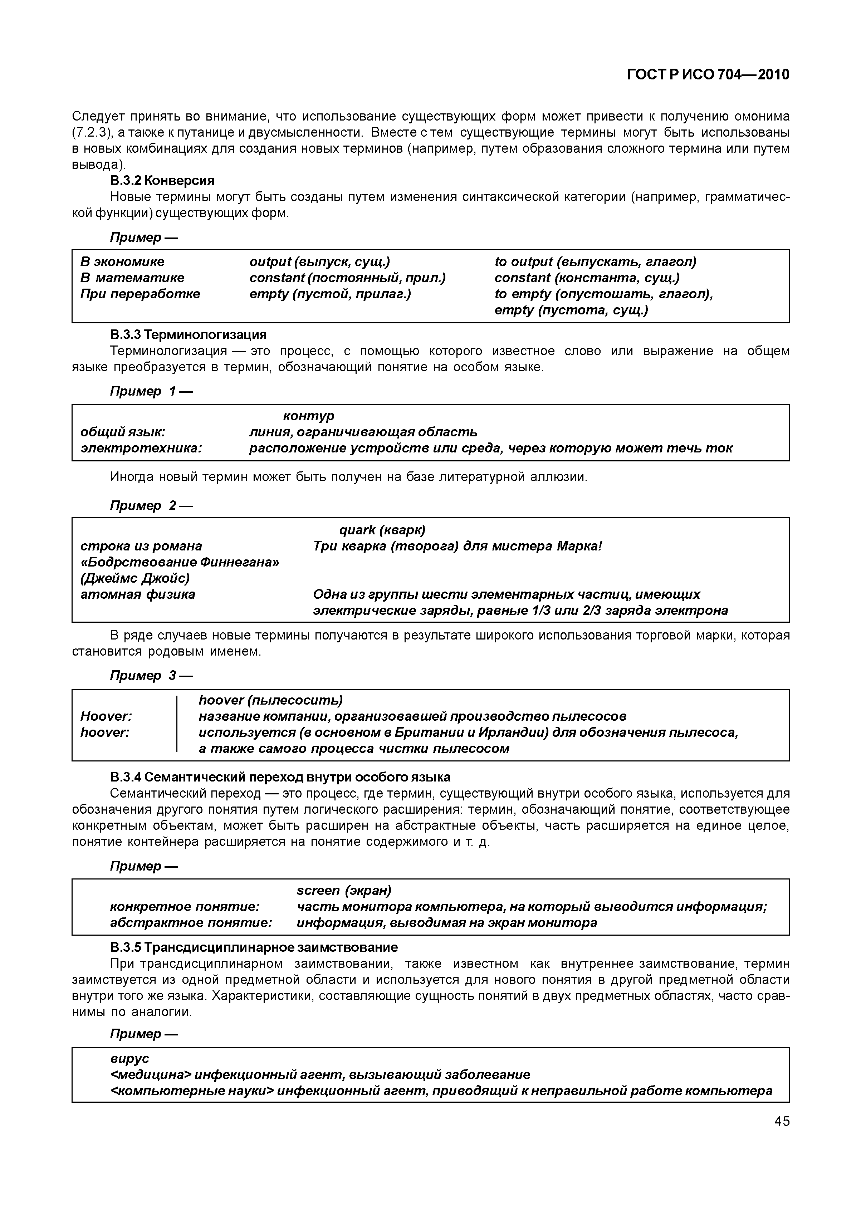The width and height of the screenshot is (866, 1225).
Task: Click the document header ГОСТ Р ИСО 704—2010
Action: (x=708, y=75)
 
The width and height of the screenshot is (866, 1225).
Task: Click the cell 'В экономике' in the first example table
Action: (x=122, y=261)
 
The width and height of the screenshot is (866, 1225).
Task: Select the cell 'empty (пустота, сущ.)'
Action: (x=571, y=310)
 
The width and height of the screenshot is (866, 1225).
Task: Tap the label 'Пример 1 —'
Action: (x=151, y=391)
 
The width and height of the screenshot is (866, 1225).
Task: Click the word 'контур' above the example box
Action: (x=308, y=415)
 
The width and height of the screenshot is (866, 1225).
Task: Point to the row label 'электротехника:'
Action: (x=141, y=448)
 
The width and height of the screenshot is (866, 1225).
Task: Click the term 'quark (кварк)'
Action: (x=382, y=530)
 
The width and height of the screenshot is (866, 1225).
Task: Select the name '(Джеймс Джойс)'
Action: (x=135, y=578)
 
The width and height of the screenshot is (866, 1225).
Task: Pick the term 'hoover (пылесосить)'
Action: (x=270, y=700)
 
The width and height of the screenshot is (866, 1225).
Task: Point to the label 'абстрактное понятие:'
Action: (x=191, y=922)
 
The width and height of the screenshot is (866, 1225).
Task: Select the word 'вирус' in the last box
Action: (x=129, y=1058)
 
